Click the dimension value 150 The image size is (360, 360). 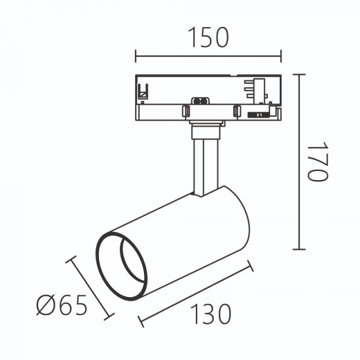coord(208,37)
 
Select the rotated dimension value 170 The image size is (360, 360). coord(318,161)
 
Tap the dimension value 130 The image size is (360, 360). coord(210,314)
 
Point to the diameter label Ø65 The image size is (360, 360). coord(62,305)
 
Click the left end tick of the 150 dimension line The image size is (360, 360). coord(136,56)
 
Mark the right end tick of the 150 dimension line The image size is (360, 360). coord(281,56)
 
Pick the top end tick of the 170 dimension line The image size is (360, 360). coord(299,75)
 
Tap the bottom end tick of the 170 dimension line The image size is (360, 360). coord(299,249)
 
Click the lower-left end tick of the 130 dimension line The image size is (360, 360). coord(141,321)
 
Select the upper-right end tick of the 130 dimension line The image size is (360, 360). coord(251,266)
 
